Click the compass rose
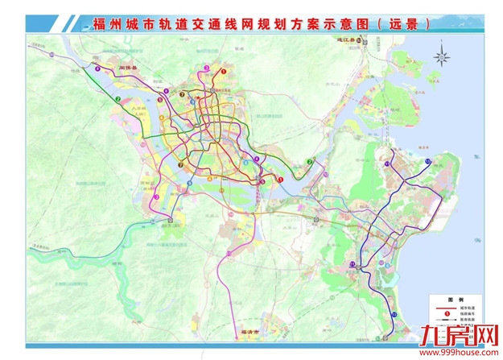click(442, 56)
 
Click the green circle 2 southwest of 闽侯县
click(118, 99)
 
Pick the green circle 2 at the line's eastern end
click(308, 163)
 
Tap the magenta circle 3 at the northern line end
click(206, 68)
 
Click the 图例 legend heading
click(444, 297)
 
